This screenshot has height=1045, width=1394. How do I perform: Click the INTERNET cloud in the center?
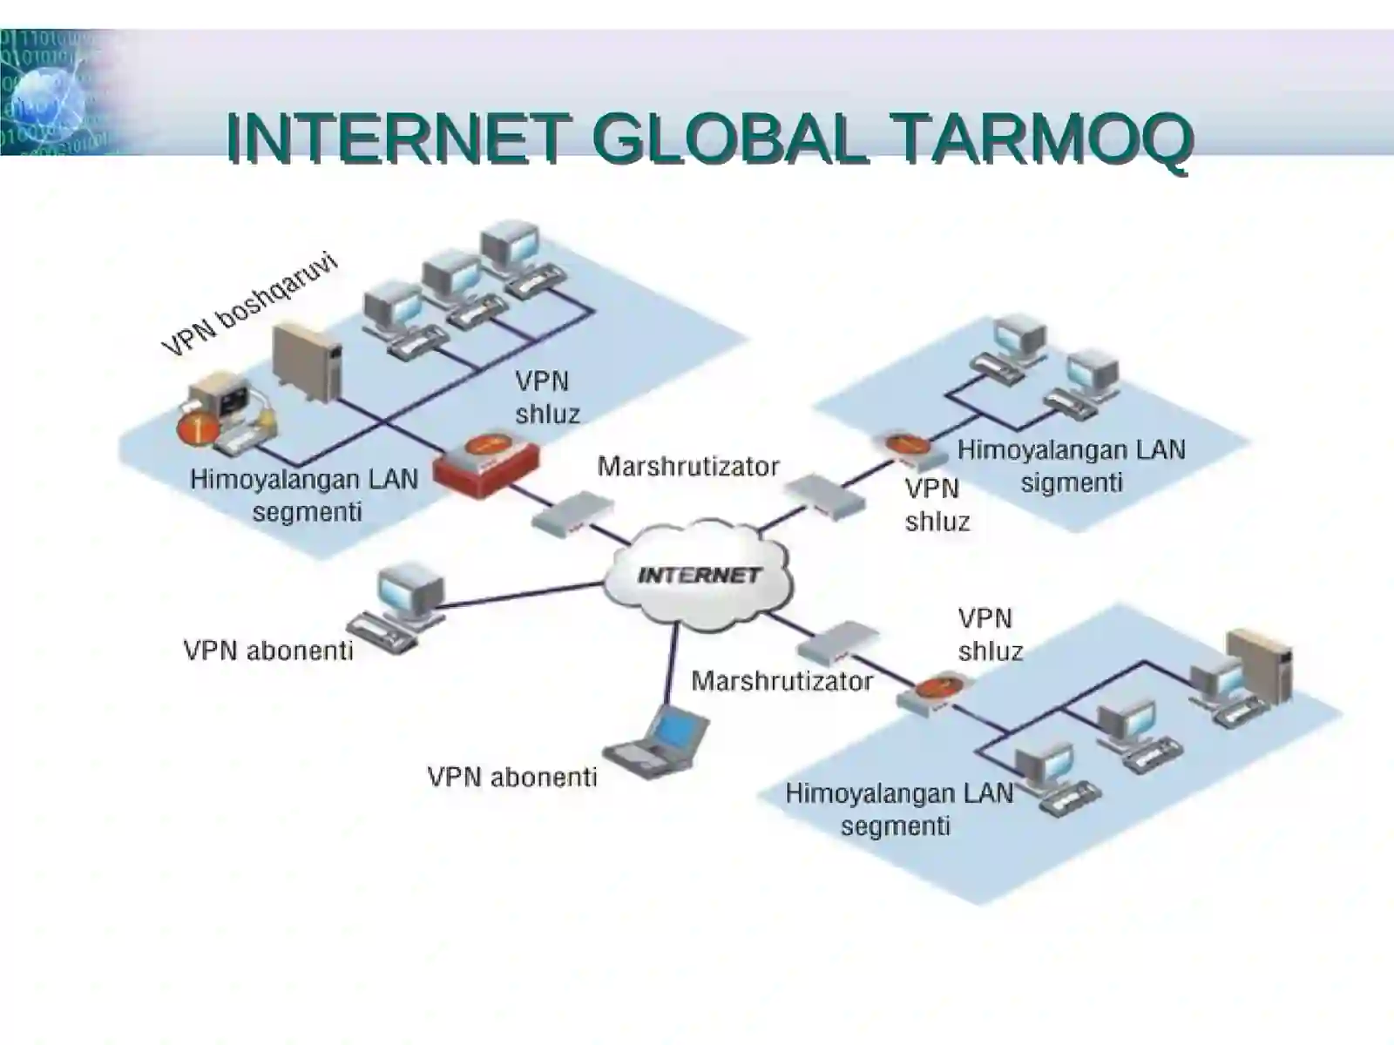698,575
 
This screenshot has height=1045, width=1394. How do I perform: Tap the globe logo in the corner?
48,100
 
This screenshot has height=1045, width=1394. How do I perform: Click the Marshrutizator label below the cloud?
782,681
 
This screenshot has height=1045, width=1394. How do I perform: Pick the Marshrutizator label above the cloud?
688,467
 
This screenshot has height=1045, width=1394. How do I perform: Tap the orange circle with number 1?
196,428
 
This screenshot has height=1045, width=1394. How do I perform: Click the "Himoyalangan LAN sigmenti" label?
1071,466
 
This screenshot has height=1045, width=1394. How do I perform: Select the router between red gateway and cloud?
572,513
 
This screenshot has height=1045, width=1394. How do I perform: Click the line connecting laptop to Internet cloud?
672,662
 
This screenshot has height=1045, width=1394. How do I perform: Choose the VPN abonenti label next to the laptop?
511,777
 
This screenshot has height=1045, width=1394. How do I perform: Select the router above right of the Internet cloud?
824,496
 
